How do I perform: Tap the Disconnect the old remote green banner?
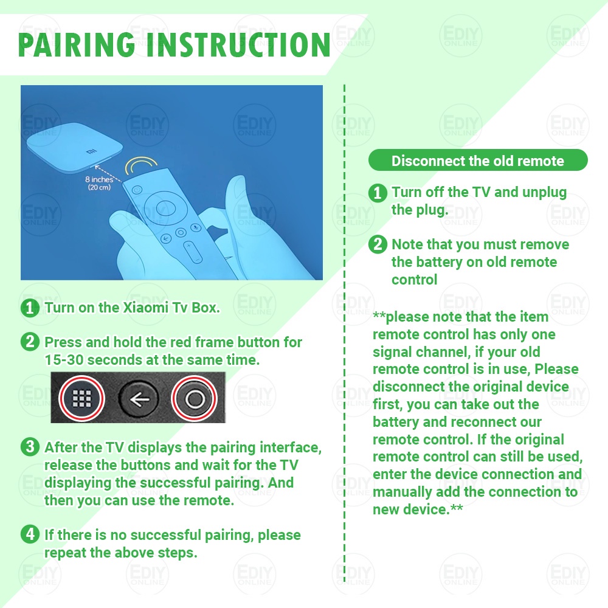click(x=478, y=160)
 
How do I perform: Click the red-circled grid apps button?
click(x=82, y=398)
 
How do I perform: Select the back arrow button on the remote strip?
click(x=139, y=399)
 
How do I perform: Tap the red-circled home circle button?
click(x=195, y=399)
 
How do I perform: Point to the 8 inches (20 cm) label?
click(x=99, y=183)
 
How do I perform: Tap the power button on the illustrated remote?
click(x=137, y=190)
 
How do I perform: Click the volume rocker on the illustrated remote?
click(x=193, y=252)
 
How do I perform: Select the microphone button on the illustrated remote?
click(x=196, y=227)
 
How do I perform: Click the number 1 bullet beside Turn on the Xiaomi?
click(x=30, y=308)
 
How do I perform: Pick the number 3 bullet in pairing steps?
click(x=30, y=447)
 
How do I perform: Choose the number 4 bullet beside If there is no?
click(x=30, y=534)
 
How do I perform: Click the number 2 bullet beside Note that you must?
click(x=378, y=244)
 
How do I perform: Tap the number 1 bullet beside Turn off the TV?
click(x=378, y=193)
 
